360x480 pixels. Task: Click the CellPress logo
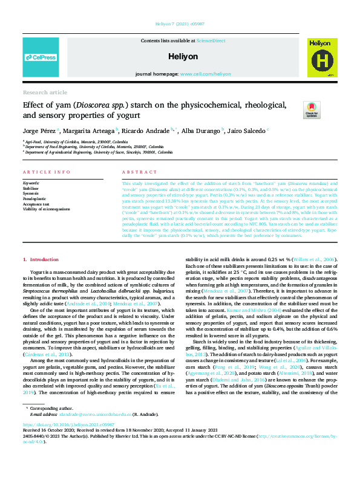point(41,57)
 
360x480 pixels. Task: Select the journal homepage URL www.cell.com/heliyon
point(205,73)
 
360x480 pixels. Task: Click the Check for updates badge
point(312,109)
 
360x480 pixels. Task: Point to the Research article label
point(45,92)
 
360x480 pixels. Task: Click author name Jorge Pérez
point(39,130)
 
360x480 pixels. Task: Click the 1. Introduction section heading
point(41,259)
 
